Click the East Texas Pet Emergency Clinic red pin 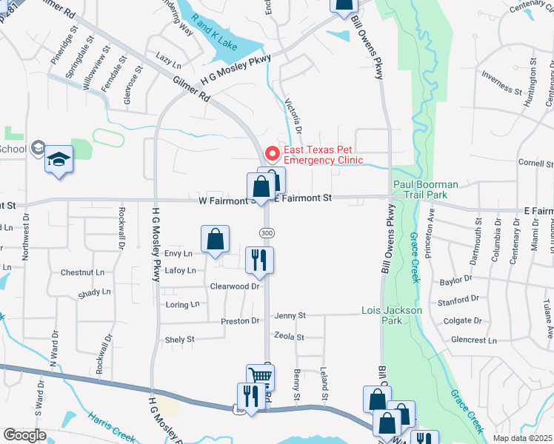[273, 153]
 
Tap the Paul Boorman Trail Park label [426, 189]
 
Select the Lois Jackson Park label [391, 315]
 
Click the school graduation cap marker [59, 160]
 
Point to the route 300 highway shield [266, 233]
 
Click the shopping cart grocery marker [260, 377]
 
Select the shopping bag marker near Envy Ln [215, 239]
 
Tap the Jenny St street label [290, 316]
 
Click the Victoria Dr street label [293, 115]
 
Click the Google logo [24, 435]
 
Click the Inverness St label [501, 81]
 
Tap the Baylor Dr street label [455, 280]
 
